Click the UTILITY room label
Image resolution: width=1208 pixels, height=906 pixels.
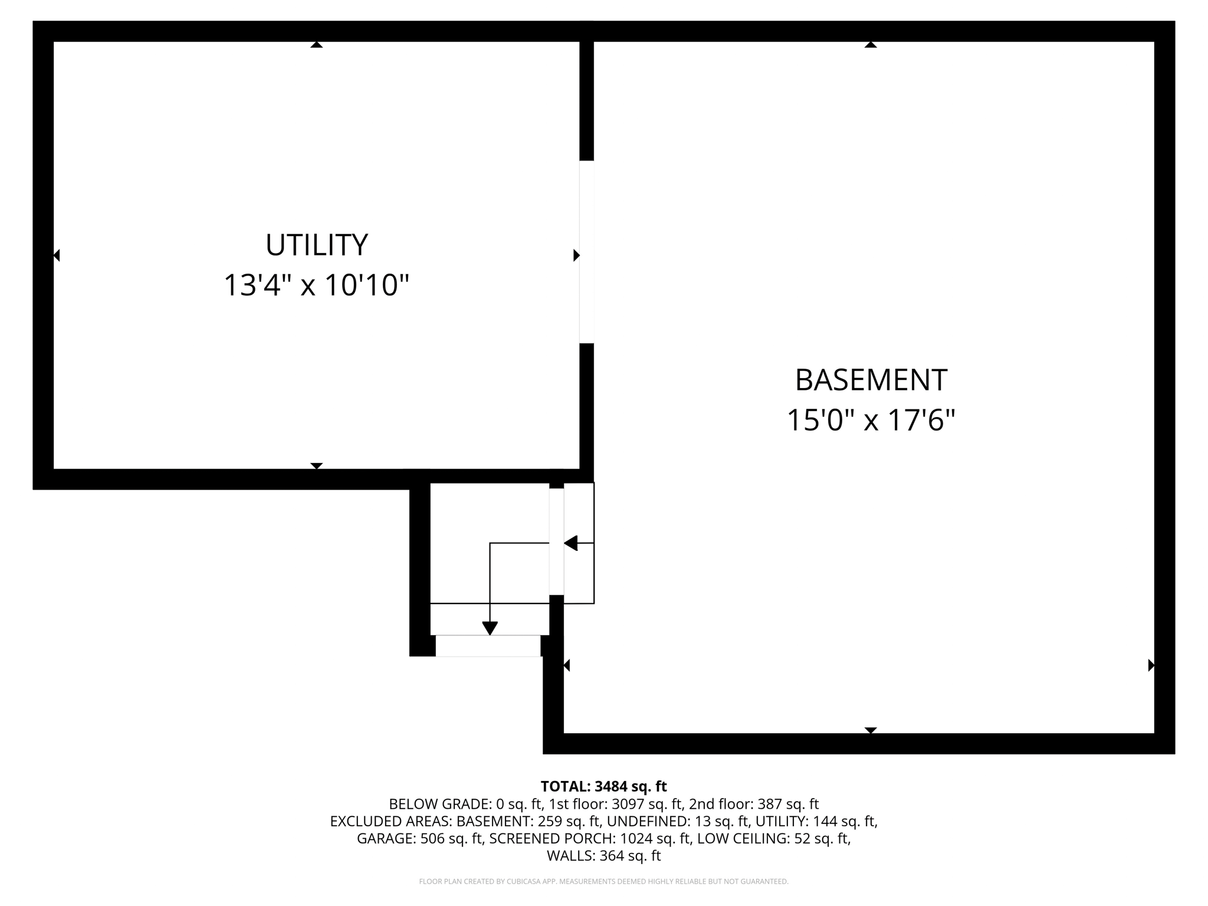click(316, 245)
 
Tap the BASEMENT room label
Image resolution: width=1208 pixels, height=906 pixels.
click(871, 380)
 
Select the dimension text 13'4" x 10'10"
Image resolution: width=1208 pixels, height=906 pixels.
click(316, 285)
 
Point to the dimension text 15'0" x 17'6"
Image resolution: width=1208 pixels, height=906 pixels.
click(871, 421)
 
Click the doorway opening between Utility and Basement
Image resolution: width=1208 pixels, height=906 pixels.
click(586, 252)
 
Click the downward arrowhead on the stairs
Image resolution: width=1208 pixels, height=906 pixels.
click(490, 628)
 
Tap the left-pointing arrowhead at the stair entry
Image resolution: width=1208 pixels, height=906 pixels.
click(570, 543)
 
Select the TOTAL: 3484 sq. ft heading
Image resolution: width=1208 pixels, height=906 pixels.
click(603, 786)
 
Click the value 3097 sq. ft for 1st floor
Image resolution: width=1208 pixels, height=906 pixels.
click(647, 804)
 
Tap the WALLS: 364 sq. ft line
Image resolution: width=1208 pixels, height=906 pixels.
click(603, 856)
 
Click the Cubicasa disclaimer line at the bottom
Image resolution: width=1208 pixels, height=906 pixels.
click(603, 882)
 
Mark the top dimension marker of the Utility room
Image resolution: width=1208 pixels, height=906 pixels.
click(317, 44)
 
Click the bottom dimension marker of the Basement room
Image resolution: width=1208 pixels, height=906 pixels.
click(871, 730)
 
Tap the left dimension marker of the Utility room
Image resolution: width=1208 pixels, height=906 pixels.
click(57, 255)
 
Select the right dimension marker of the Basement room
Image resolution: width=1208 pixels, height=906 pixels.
click(1151, 665)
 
